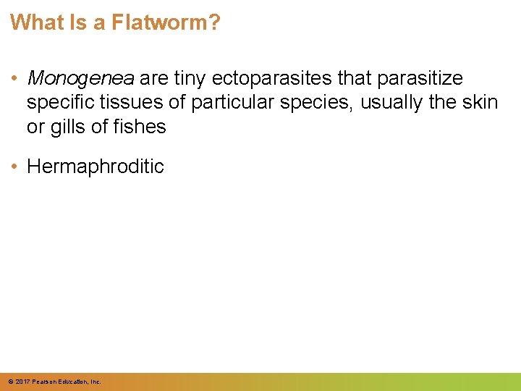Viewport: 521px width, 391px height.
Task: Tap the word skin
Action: click(x=479, y=103)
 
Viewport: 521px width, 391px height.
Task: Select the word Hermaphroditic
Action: click(x=96, y=167)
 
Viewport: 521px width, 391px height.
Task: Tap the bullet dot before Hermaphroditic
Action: click(x=15, y=167)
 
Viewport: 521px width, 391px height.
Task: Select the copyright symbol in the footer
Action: click(x=9, y=382)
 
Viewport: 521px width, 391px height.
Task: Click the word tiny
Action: click(x=191, y=78)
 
